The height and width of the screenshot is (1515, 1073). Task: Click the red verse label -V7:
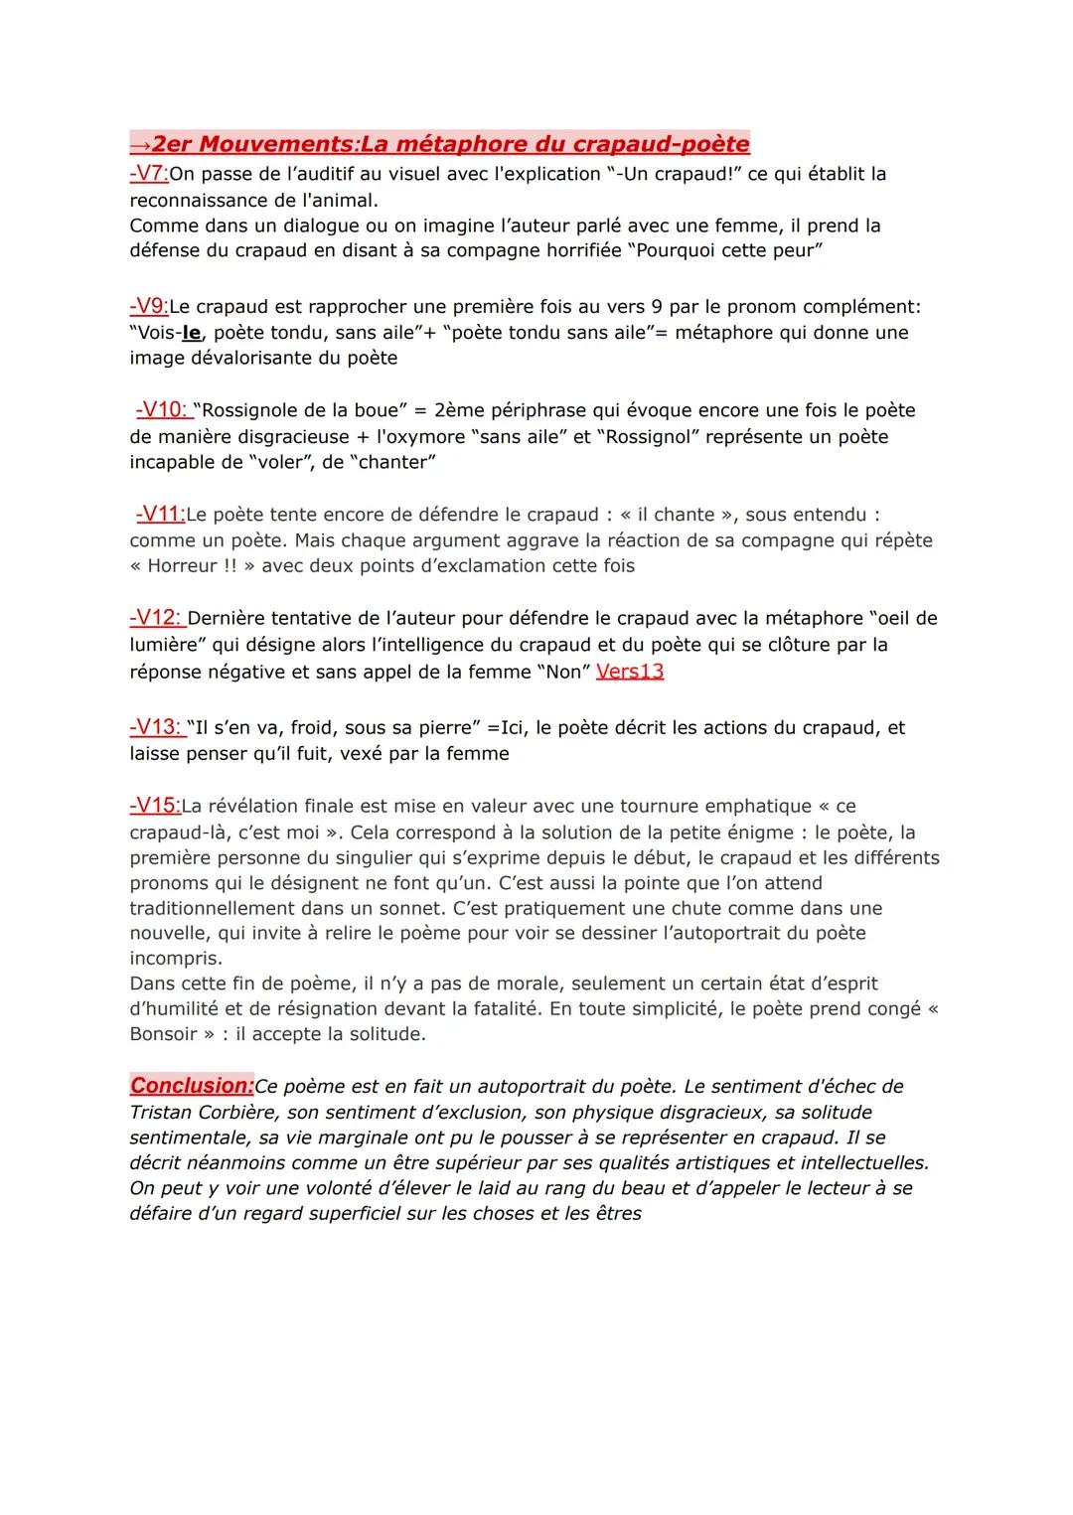pyautogui.click(x=149, y=174)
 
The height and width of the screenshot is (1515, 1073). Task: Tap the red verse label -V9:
pyautogui.click(x=149, y=306)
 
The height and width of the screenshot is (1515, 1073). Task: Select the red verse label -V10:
pyautogui.click(x=163, y=409)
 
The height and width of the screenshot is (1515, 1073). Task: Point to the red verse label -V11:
pyautogui.click(x=160, y=514)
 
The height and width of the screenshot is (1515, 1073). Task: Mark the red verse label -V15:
pyautogui.click(x=155, y=806)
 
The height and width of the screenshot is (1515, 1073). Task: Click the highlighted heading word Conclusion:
pyautogui.click(x=192, y=1086)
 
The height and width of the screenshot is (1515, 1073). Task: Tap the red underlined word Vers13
pyautogui.click(x=630, y=672)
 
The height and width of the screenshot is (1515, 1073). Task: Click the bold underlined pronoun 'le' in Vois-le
pyautogui.click(x=192, y=333)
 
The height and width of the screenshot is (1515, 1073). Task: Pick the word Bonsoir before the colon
pyautogui.click(x=164, y=1034)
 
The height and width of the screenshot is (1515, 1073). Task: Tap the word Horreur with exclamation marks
pyautogui.click(x=182, y=566)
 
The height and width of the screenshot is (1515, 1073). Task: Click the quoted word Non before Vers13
pyautogui.click(x=563, y=673)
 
